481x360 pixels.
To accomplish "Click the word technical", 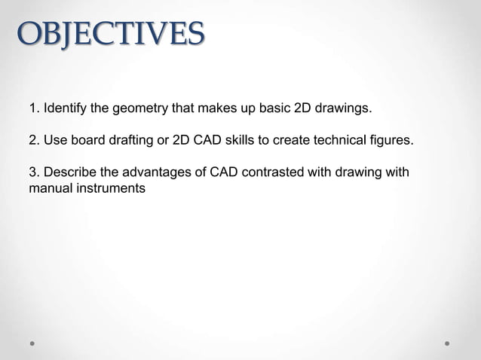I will point(340,141).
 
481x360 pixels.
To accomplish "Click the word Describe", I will point(70,173).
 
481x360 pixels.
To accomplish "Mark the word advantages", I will point(156,173).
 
